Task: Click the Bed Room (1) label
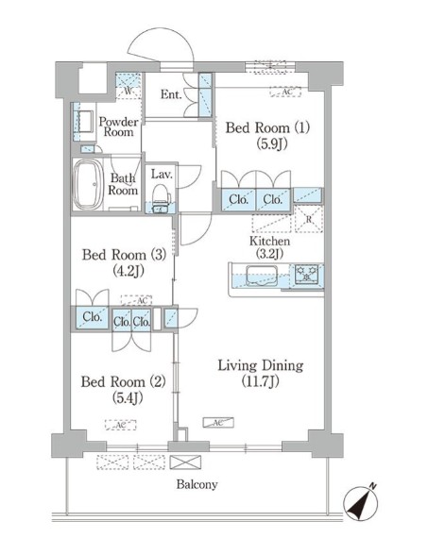[x=267, y=128]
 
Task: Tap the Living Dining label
[x=261, y=366]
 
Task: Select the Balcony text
[x=197, y=484]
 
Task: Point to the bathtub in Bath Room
[x=88, y=184]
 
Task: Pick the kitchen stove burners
[x=307, y=274]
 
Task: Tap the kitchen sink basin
[x=262, y=276]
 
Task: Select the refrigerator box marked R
[x=309, y=219]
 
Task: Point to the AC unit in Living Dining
[x=218, y=422]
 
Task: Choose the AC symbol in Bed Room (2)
[x=120, y=425]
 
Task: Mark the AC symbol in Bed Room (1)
[x=285, y=92]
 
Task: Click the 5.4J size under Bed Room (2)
[x=128, y=398]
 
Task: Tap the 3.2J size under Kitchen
[x=269, y=254]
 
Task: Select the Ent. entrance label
[x=171, y=94]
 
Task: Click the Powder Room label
[x=118, y=126]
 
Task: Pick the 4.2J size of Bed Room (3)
[x=128, y=271]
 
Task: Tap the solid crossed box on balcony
[x=185, y=462]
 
